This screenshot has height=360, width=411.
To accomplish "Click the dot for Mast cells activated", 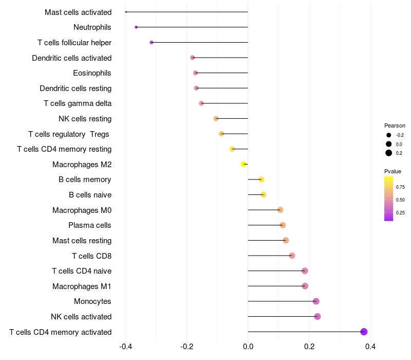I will (126, 12).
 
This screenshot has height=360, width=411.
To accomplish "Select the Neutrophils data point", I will (136, 27).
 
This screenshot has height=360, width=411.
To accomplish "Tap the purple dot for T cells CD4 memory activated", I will (364, 332).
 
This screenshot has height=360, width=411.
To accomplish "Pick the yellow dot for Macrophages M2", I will (244, 165).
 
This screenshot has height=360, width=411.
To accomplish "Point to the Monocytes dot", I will (316, 301).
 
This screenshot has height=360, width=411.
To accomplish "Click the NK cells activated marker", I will (317, 316).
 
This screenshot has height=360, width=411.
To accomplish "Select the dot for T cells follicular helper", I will (152, 42).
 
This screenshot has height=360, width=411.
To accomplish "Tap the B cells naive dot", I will (264, 195).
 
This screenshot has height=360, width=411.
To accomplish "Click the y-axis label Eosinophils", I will (92, 73).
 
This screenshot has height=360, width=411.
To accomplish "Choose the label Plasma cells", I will (90, 225).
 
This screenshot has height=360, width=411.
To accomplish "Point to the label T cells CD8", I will (91, 256).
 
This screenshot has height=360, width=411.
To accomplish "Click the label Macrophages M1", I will (82, 286).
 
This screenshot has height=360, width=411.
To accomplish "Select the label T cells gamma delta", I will (78, 103).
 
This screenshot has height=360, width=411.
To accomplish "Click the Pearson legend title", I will (395, 125).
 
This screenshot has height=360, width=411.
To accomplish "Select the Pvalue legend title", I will (393, 171).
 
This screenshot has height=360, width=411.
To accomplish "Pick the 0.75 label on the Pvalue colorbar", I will (400, 187).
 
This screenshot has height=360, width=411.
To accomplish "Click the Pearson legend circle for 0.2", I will (389, 153).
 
